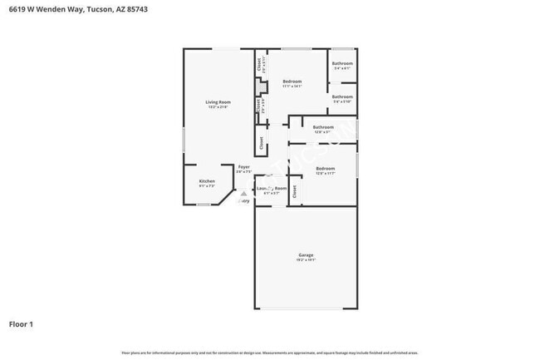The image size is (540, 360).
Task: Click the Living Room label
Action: [x=217, y=102]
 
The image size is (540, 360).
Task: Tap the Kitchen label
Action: [x=207, y=181]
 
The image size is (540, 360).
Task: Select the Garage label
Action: [x=306, y=254]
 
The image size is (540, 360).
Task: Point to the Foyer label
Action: [x=244, y=167]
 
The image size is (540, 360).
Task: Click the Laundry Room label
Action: [x=272, y=189]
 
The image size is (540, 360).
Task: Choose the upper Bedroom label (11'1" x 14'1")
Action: [x=292, y=81]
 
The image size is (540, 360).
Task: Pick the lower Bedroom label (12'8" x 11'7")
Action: [x=325, y=169]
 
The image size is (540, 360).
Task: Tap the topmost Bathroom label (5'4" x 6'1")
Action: [x=342, y=64]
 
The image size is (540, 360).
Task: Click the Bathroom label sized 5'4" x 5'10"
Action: [x=342, y=96]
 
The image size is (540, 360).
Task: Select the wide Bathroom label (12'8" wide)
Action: [x=322, y=127]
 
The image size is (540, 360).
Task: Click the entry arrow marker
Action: [x=243, y=195]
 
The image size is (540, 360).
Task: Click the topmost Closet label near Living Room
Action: [x=259, y=62]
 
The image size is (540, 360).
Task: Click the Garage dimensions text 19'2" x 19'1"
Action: [x=306, y=260]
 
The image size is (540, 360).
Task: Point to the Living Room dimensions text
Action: [x=217, y=107]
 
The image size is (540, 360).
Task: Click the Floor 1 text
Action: [x=21, y=323]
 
